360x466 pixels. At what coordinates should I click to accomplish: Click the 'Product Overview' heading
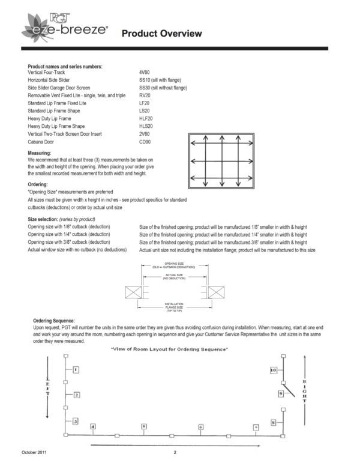tap(161, 34)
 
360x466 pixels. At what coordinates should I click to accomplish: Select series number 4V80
tap(145, 72)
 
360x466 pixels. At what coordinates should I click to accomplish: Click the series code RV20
tap(145, 95)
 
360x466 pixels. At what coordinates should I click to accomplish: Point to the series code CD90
tap(145, 142)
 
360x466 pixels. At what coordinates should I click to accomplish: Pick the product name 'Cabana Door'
tap(41, 142)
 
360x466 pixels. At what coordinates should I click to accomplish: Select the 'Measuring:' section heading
tap(40, 154)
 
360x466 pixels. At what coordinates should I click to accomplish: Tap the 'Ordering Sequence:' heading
tap(54, 321)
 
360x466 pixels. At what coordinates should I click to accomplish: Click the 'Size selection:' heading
tap(46, 220)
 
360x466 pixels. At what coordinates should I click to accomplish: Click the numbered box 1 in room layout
tap(76, 370)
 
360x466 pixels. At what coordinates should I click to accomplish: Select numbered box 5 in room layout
tap(144, 426)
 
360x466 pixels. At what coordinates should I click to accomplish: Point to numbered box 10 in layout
tap(273, 371)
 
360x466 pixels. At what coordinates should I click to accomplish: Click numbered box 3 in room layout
tap(76, 421)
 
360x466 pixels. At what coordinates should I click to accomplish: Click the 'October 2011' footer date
tap(34, 452)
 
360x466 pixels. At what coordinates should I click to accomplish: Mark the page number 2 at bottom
tap(175, 452)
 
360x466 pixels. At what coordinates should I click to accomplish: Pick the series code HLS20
tap(146, 127)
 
